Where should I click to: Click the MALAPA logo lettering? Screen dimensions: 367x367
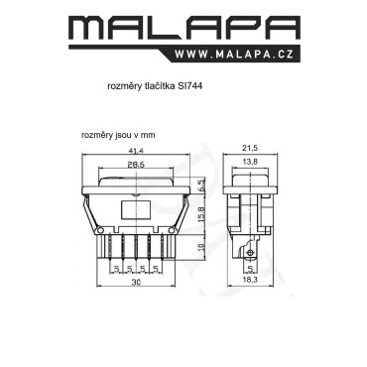pyautogui.click(x=184, y=29)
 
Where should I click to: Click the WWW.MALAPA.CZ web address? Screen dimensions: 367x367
pyautogui.click(x=234, y=55)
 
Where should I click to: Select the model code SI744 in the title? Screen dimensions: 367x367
pyautogui.click(x=189, y=86)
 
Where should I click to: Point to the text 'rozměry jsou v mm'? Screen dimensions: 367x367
pyautogui.click(x=118, y=135)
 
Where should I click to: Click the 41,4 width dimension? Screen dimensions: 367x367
pyautogui.click(x=136, y=151)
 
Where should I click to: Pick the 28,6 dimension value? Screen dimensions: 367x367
pyautogui.click(x=136, y=165)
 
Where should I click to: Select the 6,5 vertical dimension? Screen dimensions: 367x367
pyautogui.click(x=202, y=185)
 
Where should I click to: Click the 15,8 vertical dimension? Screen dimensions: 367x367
pyautogui.click(x=203, y=214)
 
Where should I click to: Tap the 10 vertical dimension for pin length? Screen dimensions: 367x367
pyautogui.click(x=203, y=246)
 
